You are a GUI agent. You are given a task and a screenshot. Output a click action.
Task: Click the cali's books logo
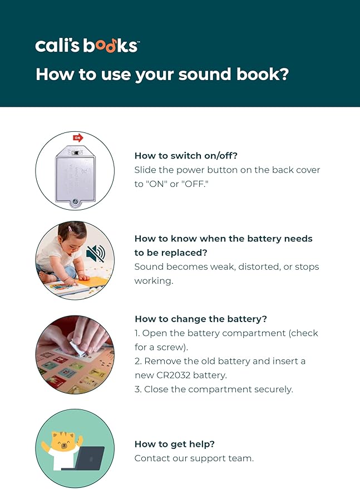86,46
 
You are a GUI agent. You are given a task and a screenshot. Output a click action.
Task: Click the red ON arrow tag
77,137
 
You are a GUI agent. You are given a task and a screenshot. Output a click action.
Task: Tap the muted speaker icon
95,254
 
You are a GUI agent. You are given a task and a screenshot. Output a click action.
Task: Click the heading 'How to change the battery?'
201,319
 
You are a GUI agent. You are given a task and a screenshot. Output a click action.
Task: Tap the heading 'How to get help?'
175,444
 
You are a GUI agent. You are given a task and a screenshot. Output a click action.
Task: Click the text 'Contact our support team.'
194,458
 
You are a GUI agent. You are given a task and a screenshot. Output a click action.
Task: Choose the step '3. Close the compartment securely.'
214,389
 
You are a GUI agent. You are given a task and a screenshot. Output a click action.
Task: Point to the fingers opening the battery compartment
77,339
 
